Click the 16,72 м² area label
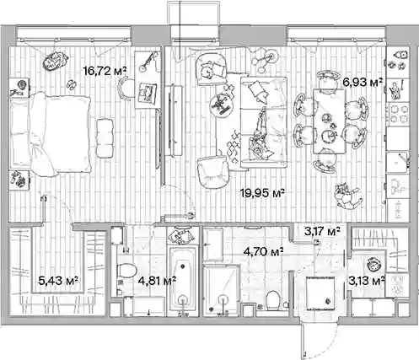coord(105,71)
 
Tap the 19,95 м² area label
coord(263,193)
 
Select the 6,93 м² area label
coord(363,83)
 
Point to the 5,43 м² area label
coord(58,280)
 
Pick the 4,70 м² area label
coord(263,252)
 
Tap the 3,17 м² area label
coord(322,231)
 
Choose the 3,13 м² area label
coord(367,281)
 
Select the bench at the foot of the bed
coord(105,138)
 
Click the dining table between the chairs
coord(329,121)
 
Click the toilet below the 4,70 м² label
coord(272,300)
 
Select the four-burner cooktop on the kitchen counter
coord(398,114)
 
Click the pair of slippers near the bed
coord(71,84)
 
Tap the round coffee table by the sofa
coord(222,105)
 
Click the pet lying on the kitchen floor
coord(347,196)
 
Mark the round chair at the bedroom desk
coord(125,89)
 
